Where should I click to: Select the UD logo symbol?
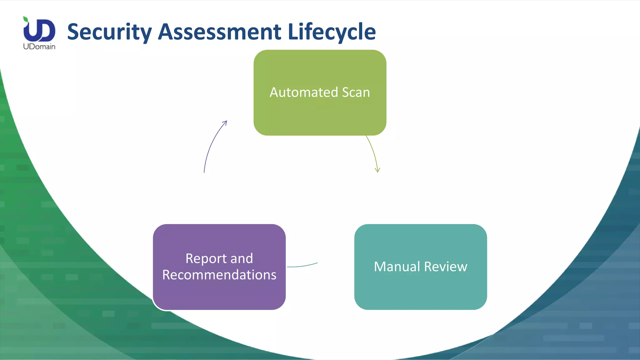click(39, 30)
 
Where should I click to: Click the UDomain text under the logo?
click(39, 47)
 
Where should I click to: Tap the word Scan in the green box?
click(356, 92)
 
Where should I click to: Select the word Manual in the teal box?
click(397, 267)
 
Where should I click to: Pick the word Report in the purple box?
click(206, 259)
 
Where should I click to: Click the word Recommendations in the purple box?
click(219, 275)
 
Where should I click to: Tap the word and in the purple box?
click(241, 259)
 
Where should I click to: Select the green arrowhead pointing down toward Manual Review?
click(377, 170)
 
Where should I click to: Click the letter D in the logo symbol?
click(47, 30)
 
